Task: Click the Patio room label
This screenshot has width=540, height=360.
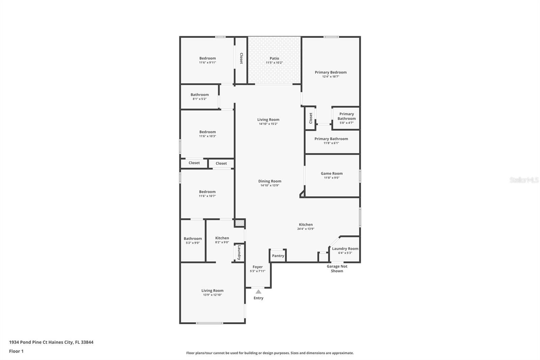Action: pos(274,58)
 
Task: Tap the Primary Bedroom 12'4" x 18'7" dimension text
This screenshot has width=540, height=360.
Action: pos(331,76)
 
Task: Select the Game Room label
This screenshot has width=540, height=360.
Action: pos(331,174)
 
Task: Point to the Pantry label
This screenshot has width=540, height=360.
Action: pos(278,256)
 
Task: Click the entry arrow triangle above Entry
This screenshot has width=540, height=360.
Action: pos(259,292)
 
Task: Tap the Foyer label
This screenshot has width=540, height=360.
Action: pos(258,267)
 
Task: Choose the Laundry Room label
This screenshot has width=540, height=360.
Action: pos(345,249)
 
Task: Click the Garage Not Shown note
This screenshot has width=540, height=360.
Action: pos(337,268)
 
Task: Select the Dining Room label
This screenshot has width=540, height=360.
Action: pos(270,181)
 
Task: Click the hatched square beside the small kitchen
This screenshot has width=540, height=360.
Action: pos(240,223)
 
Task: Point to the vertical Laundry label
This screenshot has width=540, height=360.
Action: pos(239,253)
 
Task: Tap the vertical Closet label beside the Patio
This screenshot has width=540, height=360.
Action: pos(241,58)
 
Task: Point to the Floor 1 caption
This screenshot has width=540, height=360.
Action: pos(16,351)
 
